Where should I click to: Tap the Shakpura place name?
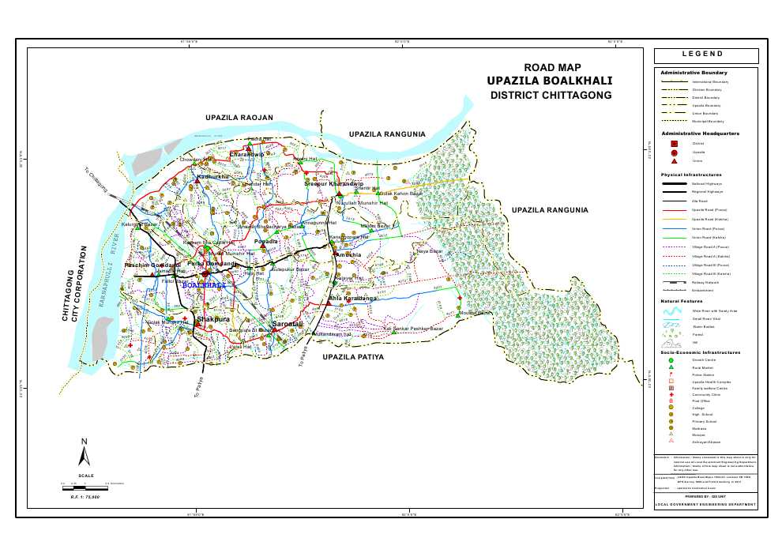[213, 318]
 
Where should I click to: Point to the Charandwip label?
[246, 154]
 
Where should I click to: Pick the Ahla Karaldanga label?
[353, 298]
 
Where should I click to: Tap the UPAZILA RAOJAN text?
[239, 118]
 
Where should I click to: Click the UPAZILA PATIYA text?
[353, 357]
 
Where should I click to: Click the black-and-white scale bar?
[85, 482]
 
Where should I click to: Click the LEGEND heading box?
[705, 55]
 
